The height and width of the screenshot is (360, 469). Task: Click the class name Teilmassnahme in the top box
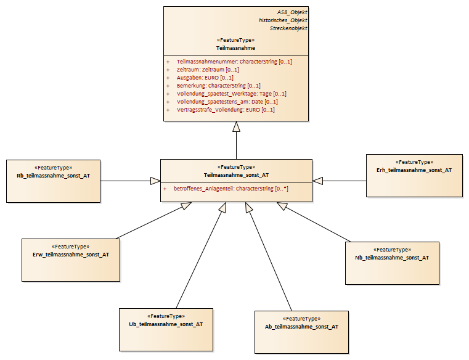coord(235,48)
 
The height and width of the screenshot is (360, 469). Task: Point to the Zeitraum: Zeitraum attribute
coord(208,70)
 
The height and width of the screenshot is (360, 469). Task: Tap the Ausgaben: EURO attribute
coord(205,78)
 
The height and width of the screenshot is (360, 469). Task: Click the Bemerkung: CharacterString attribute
coord(219,86)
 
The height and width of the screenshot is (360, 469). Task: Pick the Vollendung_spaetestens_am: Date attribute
coord(227,102)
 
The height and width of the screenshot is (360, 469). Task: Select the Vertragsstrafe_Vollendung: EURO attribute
coord(226,110)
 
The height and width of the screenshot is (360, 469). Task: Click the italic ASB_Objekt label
coord(292,12)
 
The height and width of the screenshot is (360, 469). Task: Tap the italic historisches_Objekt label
coord(283,20)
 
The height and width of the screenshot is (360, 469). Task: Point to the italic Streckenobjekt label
coord(288,28)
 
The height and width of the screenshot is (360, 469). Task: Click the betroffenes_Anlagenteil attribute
coord(231,189)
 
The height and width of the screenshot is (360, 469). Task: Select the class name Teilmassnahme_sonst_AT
coord(236,175)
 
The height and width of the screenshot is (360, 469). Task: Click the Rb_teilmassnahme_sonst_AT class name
coord(53,176)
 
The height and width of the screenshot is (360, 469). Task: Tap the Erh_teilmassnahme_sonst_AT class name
coord(414,170)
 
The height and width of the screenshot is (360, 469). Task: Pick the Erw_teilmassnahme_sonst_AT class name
coord(71,255)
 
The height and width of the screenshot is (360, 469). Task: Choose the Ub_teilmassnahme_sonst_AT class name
coord(166,324)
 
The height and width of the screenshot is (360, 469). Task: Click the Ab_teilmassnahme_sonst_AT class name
coord(301,327)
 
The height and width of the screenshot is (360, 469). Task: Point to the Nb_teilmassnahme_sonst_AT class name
coord(392,258)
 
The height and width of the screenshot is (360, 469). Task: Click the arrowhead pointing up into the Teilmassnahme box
coord(236,126)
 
